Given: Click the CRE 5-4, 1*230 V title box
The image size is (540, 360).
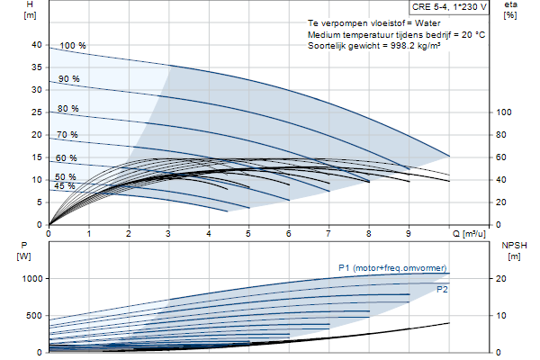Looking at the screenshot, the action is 449,7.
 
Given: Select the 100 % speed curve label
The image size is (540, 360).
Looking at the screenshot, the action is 73,46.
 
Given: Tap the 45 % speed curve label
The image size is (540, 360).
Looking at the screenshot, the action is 65,186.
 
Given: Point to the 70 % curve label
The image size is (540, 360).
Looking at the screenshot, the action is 67,135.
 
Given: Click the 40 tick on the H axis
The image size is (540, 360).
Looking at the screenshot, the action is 37,45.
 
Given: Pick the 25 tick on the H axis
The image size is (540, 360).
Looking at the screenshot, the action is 37,112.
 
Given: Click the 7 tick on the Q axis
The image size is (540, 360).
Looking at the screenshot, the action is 328,234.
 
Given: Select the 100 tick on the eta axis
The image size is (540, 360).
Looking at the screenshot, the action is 503,112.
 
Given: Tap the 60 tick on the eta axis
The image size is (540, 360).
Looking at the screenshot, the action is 501,157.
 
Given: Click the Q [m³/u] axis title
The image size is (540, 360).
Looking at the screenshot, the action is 469,234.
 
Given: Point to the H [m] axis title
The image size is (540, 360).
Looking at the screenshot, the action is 30,10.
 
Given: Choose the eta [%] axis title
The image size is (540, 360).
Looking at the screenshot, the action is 510,10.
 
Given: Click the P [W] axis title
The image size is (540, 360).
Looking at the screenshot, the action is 23,251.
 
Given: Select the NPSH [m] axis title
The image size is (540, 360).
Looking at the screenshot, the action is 514,251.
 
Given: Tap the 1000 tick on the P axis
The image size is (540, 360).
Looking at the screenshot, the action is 32,279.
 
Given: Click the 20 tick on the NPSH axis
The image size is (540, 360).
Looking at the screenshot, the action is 501,279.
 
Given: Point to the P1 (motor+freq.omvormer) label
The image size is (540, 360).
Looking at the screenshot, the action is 392,268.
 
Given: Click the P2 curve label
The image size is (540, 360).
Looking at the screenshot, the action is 442,290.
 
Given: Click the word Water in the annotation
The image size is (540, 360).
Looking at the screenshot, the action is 427,23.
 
